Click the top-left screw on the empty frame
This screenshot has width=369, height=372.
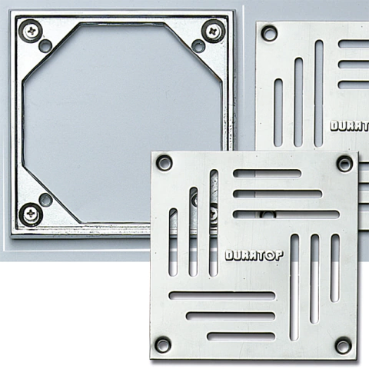[x=32, y=32]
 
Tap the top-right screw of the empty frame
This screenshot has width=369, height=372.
[x=213, y=32]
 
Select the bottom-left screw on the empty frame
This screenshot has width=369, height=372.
[x=31, y=214]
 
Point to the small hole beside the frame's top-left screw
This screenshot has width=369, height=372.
[x=45, y=45]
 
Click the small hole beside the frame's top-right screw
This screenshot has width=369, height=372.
[x=198, y=46]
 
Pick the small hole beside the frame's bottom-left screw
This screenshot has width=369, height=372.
[x=45, y=199]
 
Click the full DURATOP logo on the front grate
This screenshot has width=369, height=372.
[x=254, y=255]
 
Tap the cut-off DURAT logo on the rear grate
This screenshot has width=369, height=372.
[x=350, y=126]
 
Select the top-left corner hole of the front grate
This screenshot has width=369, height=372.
[x=165, y=162]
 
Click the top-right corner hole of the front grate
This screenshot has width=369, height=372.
[x=344, y=163]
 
